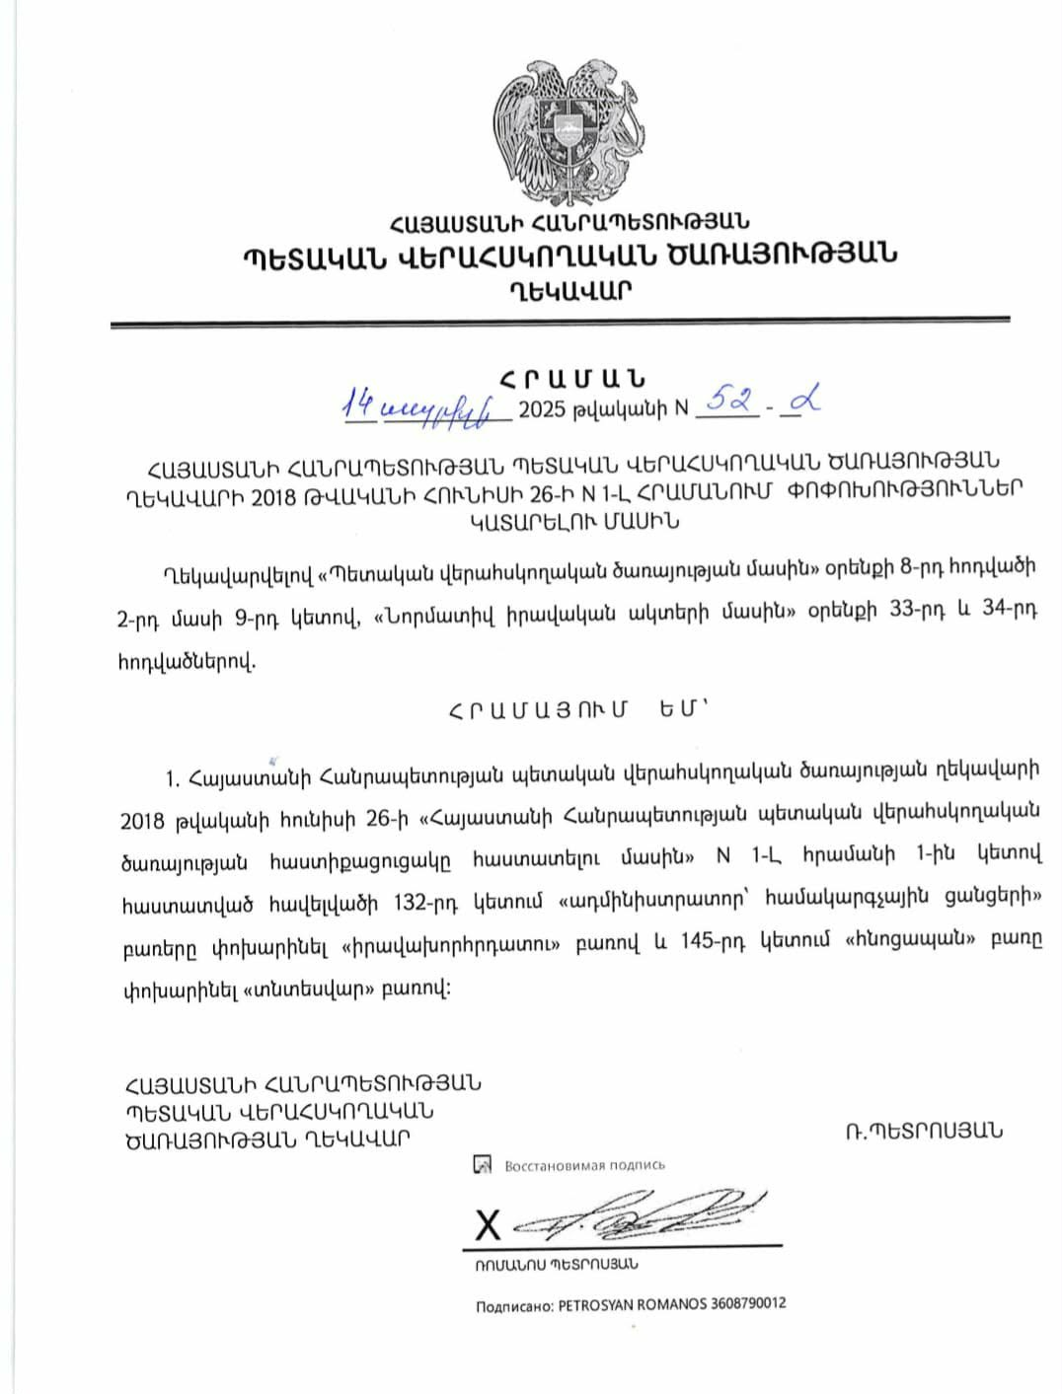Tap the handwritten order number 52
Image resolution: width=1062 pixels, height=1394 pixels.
point(732,402)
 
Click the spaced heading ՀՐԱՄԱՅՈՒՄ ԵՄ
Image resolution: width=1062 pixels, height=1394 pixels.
point(577,710)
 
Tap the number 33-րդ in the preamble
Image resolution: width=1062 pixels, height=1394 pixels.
point(922,611)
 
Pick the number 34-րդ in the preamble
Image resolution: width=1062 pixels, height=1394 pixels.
point(1011,611)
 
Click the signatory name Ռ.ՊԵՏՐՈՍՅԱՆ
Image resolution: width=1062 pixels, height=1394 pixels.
point(923,1131)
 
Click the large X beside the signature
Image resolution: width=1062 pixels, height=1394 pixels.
point(488,1225)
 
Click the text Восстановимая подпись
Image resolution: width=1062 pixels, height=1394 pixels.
point(584,1165)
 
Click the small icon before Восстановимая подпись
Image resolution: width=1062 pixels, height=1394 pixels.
point(483,1165)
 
